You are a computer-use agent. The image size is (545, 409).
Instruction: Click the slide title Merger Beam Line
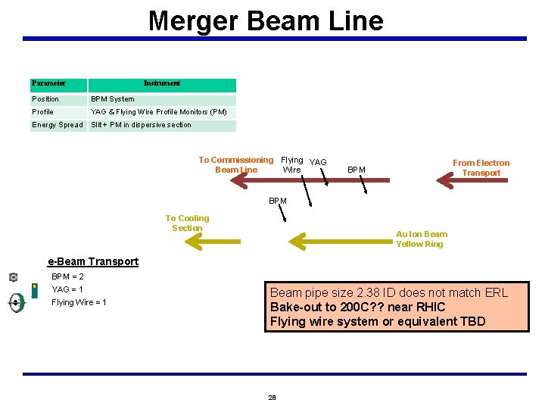tap(266, 20)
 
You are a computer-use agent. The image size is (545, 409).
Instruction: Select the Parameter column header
tap(48, 83)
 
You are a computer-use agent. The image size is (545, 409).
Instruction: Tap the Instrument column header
tap(162, 83)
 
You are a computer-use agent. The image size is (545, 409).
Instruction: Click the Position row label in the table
tap(45, 99)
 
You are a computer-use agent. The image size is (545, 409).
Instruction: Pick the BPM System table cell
tap(113, 99)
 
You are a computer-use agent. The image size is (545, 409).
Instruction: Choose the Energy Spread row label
tap(58, 125)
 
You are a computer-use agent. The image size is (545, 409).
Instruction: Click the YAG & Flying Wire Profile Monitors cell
tap(159, 112)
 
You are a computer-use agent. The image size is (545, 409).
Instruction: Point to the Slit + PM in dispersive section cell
tap(142, 125)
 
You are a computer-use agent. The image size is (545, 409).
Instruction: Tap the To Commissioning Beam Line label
tap(235, 164)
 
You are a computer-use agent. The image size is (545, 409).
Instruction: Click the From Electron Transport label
tap(481, 167)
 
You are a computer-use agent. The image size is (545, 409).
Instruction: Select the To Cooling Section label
tap(187, 223)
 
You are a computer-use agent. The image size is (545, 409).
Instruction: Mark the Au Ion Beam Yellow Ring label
tap(422, 239)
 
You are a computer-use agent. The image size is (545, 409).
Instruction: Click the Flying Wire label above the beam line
tap(291, 164)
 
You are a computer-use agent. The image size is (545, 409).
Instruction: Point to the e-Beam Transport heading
tap(93, 261)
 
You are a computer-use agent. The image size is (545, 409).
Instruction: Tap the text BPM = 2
tap(67, 276)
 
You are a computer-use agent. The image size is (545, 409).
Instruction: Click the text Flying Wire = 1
tap(79, 302)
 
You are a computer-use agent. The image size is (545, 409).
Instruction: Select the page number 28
tap(272, 397)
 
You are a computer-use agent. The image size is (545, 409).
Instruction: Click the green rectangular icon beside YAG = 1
tap(35, 290)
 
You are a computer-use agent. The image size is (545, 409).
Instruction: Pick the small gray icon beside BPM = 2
tap(14, 277)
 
